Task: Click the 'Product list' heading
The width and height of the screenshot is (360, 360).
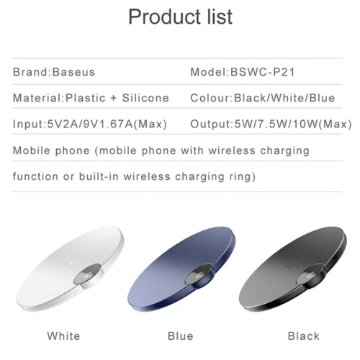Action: click(x=181, y=17)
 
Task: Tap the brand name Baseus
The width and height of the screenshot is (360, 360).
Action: click(x=73, y=72)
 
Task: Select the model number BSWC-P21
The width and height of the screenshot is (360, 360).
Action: click(x=262, y=72)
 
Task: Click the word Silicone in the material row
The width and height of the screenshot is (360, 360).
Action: click(x=145, y=98)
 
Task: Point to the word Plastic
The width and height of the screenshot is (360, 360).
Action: click(x=86, y=98)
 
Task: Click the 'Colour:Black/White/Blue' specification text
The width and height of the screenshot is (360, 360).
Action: click(x=263, y=98)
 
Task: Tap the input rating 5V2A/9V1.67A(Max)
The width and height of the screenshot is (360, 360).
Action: click(x=107, y=124)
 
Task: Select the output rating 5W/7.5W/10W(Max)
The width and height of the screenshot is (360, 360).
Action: click(x=293, y=124)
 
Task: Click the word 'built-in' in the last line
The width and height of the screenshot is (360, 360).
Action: click(x=99, y=176)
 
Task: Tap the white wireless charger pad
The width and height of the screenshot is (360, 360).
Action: click(x=70, y=269)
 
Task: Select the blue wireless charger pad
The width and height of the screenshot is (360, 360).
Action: click(x=181, y=269)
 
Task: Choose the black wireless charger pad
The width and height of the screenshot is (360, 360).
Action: click(x=293, y=269)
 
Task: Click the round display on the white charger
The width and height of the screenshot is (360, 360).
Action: click(x=87, y=274)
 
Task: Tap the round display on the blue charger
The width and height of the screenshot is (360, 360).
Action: click(x=199, y=274)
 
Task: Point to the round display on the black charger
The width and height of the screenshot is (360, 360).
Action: click(x=310, y=274)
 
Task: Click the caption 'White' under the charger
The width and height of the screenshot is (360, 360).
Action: click(x=63, y=336)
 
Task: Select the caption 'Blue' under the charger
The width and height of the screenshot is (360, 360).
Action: click(x=181, y=336)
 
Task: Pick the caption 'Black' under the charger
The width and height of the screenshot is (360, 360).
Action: click(x=304, y=336)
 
